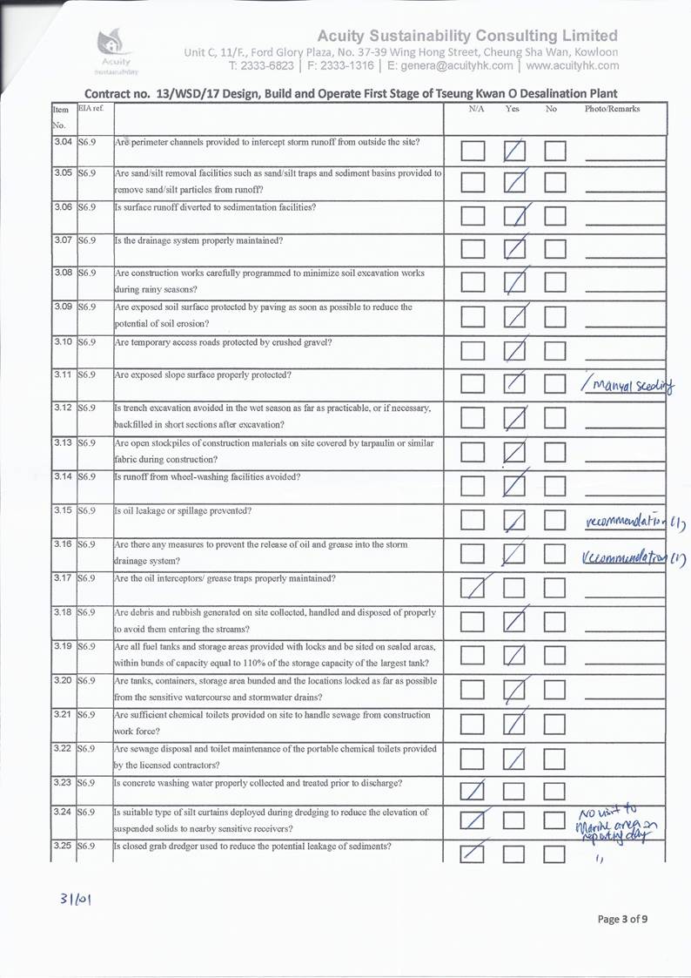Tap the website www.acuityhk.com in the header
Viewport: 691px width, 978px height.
point(573,65)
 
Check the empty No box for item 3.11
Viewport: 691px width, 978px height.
point(557,385)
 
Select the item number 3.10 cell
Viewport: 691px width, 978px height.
point(62,342)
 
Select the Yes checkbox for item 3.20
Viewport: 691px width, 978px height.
point(516,690)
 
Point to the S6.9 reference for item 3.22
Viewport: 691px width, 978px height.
point(86,749)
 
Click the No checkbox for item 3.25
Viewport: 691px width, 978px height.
point(557,857)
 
